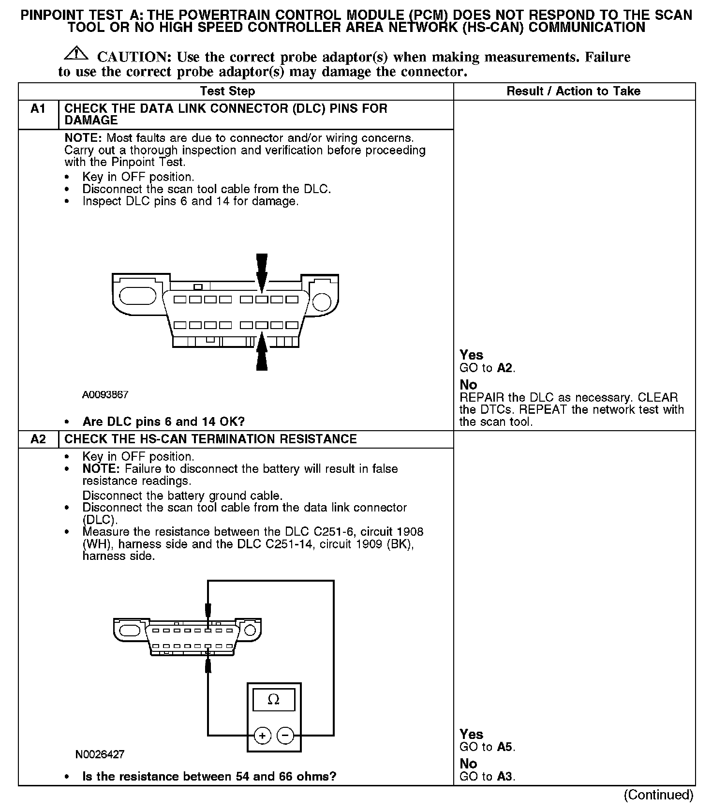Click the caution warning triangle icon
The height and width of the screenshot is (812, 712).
(x=75, y=53)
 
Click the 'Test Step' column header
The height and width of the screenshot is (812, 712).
(x=227, y=91)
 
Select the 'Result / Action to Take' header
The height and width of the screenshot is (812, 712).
(x=573, y=91)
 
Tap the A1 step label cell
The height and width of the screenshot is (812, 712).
(x=38, y=109)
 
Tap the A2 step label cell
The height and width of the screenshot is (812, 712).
(x=38, y=439)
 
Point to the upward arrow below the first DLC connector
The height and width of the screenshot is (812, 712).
(x=262, y=351)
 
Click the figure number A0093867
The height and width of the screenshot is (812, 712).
(x=105, y=395)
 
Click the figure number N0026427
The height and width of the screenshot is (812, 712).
(x=100, y=754)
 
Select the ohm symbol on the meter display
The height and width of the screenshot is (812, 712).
(x=274, y=700)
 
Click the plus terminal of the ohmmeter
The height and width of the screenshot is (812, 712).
(x=263, y=736)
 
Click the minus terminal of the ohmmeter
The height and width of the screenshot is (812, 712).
(x=285, y=736)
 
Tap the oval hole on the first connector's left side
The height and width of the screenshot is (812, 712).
(x=137, y=296)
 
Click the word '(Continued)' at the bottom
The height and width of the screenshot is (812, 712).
(x=658, y=795)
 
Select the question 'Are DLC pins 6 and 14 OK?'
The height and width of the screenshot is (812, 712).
(x=163, y=421)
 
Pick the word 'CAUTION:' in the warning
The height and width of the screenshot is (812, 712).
(x=134, y=57)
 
